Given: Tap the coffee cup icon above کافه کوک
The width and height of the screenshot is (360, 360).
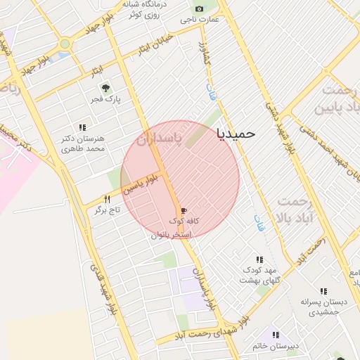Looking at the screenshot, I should (184, 210).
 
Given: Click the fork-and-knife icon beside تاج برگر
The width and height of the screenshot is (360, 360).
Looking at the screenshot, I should (107, 199).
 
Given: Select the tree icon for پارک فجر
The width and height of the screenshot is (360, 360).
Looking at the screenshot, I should (105, 88).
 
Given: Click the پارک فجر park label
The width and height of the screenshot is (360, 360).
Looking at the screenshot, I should (105, 99).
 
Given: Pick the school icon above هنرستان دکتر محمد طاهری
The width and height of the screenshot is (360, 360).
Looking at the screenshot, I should (82, 127).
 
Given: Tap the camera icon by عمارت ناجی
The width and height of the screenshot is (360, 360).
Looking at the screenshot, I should (199, 8).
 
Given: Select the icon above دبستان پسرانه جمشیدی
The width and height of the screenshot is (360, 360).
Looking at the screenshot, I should (323, 290).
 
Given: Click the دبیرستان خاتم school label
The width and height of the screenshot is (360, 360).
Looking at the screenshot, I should (277, 346).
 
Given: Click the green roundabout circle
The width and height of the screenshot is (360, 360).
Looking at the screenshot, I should (65, 44).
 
